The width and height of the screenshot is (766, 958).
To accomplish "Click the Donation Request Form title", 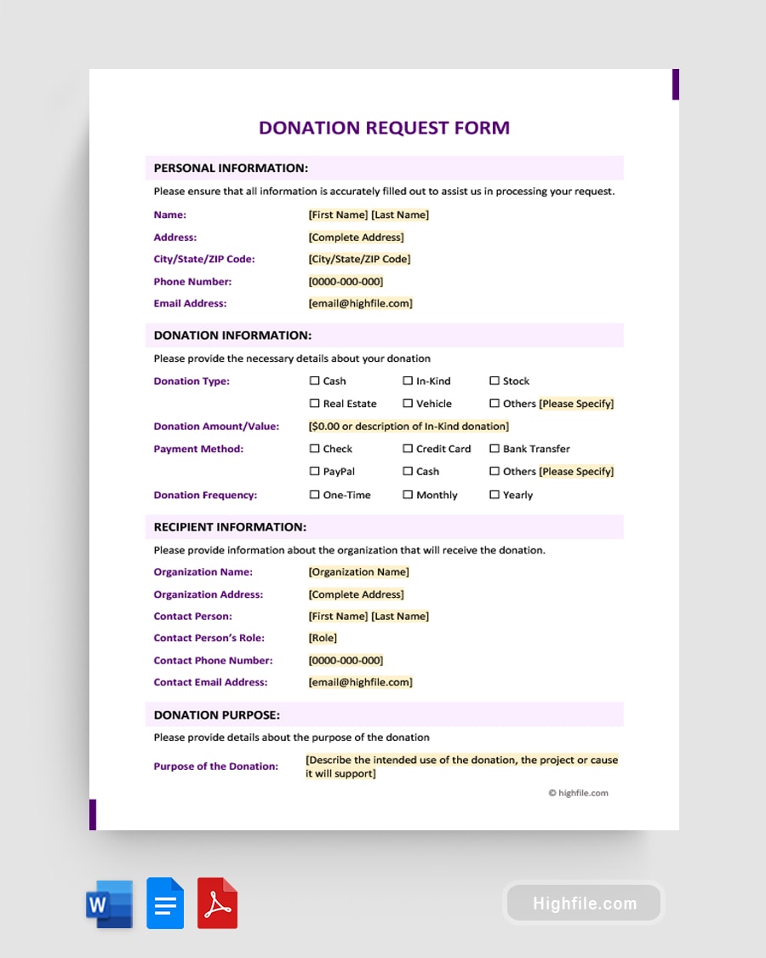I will pos(384,128).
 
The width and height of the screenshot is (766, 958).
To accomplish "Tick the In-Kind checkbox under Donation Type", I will pos(408,381).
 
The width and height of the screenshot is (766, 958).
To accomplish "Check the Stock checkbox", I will pos(494,381).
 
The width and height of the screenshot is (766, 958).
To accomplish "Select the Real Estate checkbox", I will pos(315,404).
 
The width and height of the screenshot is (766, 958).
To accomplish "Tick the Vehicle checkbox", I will pos(408,404).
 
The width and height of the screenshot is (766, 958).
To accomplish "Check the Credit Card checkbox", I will pos(408,449).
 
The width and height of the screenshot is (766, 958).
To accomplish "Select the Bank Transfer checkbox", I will pos(494,449).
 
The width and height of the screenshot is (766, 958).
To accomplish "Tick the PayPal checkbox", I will pos(315,472).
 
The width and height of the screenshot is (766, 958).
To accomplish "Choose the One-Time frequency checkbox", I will pos(315,495).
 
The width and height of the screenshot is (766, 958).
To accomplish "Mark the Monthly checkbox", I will pos(408,495).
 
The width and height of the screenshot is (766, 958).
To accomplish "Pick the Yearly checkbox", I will pos(494,495).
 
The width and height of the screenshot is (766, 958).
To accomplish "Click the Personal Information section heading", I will pos(231,168).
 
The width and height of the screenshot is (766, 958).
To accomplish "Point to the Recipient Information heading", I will pos(230,527).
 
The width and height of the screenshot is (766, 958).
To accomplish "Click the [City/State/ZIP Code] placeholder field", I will pos(359,259).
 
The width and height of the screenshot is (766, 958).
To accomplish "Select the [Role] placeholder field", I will pos(323,638).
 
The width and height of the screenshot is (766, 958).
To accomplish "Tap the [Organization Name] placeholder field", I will pos(358,572).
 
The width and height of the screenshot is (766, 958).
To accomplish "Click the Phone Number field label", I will pos(192,282).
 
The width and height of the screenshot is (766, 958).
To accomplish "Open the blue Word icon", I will pos(110,904).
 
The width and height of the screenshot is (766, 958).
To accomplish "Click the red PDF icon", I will pos(218,904).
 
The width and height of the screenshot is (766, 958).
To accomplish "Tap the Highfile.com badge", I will pos(585,904).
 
